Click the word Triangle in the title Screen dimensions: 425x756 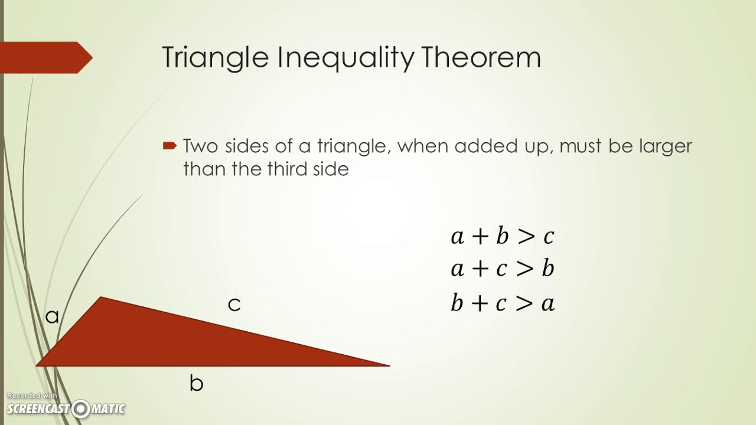[x=214, y=58]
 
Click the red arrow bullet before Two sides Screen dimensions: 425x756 [x=170, y=145]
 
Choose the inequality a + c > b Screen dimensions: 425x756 [x=502, y=269]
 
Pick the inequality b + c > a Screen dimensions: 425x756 [x=502, y=303]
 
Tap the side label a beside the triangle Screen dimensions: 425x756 [x=52, y=316]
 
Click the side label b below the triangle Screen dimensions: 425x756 [x=196, y=383]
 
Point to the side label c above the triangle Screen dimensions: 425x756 [x=234, y=304]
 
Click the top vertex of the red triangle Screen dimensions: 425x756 [x=102, y=299]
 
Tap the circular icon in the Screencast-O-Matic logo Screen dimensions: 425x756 [x=80, y=408]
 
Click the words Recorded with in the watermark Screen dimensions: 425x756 [x=32, y=395]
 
